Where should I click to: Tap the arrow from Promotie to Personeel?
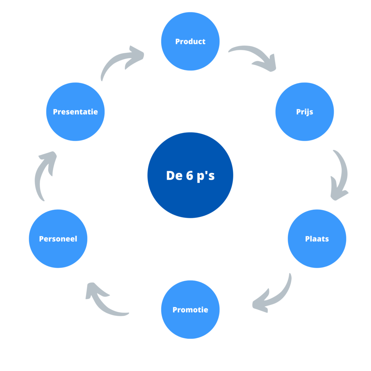pos(105,301)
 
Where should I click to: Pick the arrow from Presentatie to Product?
pos(121,62)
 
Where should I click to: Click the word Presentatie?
pos(75,112)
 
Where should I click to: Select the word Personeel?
pos(58,239)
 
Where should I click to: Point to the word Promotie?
pos(190,310)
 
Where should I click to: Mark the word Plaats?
pos(317,239)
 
